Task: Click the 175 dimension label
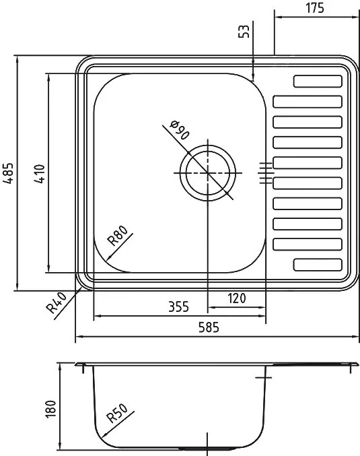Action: click(x=314, y=8)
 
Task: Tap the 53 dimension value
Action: click(x=244, y=31)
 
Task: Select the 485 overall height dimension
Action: click(x=8, y=173)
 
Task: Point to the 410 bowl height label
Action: click(x=40, y=174)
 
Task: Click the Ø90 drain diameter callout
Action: click(x=180, y=130)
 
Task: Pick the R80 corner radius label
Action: click(x=117, y=236)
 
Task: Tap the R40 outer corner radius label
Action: click(x=57, y=303)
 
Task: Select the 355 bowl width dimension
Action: click(x=178, y=307)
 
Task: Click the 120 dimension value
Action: click(x=236, y=298)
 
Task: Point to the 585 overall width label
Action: click(x=209, y=327)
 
